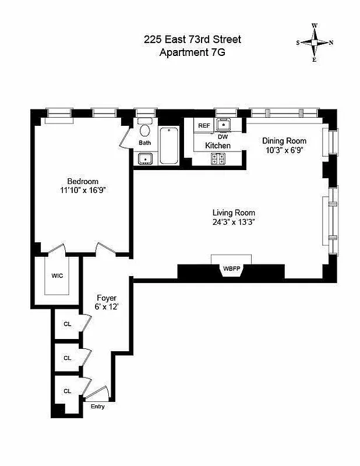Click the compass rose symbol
pyautogui.click(x=315, y=43)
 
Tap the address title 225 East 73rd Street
pyautogui.click(x=192, y=40)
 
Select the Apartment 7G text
pyautogui.click(x=192, y=52)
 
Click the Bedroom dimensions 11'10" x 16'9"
pyautogui.click(x=82, y=190)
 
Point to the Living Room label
pyautogui.click(x=234, y=213)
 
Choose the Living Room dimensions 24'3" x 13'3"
pyautogui.click(x=234, y=221)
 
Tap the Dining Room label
pyautogui.click(x=284, y=140)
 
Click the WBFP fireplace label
pyautogui.click(x=231, y=269)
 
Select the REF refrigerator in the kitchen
pyautogui.click(x=204, y=125)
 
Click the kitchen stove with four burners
pyautogui.click(x=218, y=157)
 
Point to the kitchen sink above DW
pyautogui.click(x=223, y=124)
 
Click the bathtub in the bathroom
pyautogui.click(x=170, y=145)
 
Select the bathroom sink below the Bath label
pyautogui.click(x=145, y=158)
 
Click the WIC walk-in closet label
pyautogui.click(x=57, y=275)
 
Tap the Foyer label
pyautogui.click(x=107, y=298)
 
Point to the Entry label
pyautogui.click(x=98, y=407)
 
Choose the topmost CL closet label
pyautogui.click(x=67, y=324)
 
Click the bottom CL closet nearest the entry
pyautogui.click(x=67, y=391)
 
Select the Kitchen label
pyautogui.click(x=217, y=145)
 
